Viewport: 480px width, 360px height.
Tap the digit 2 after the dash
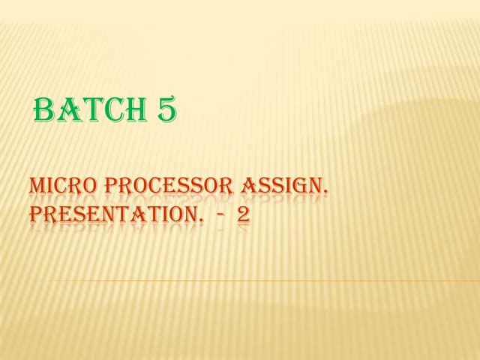pyautogui.click(x=243, y=215)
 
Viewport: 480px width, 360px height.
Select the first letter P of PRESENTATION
pyautogui.click(x=36, y=215)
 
